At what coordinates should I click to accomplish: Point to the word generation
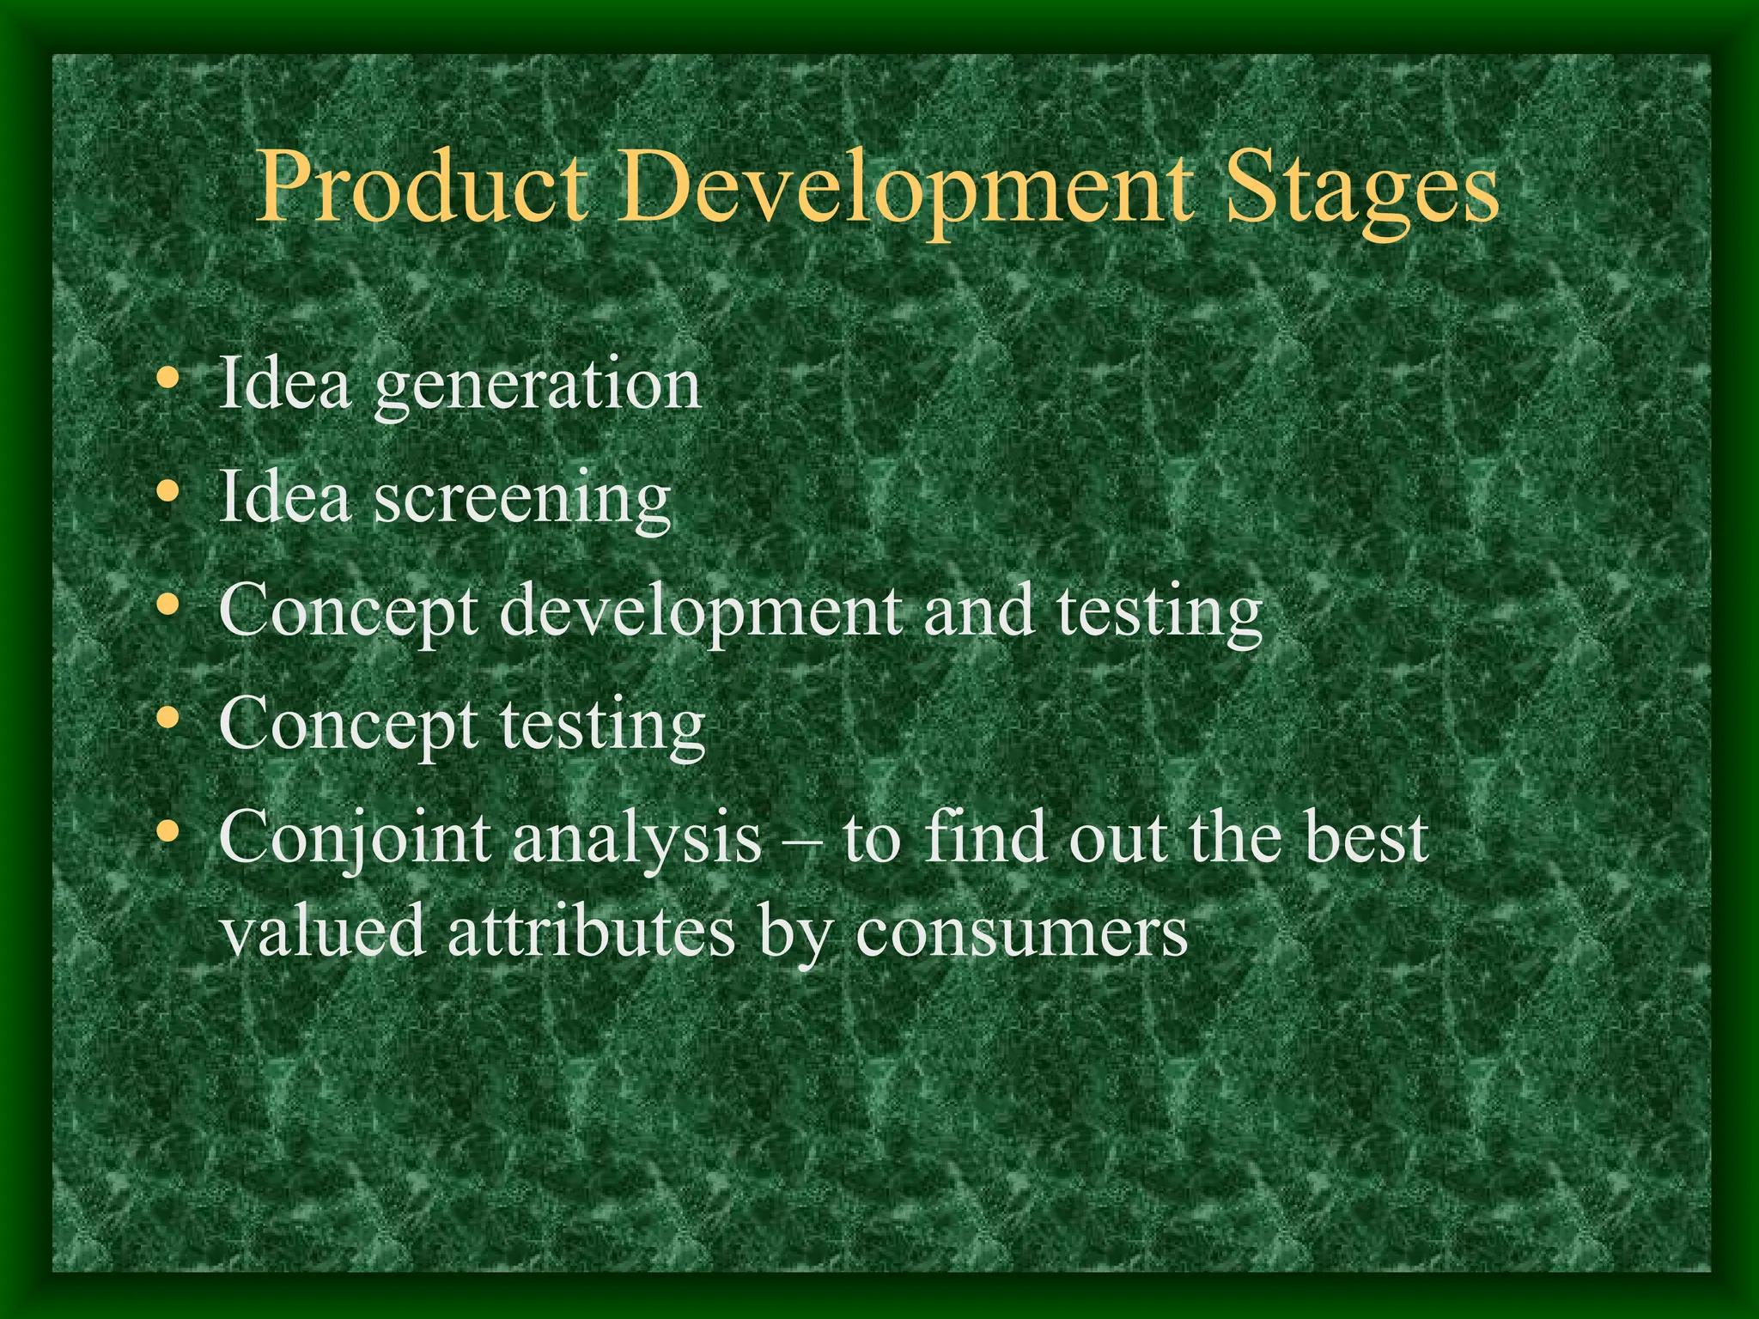(538, 386)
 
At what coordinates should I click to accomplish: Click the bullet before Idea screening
(169, 492)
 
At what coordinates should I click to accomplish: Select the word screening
(522, 499)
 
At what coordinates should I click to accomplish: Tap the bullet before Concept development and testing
(169, 605)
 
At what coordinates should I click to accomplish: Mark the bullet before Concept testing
(169, 719)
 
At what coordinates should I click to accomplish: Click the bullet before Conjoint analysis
(169, 832)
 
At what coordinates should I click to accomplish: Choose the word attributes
(591, 931)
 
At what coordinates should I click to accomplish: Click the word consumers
(1021, 933)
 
